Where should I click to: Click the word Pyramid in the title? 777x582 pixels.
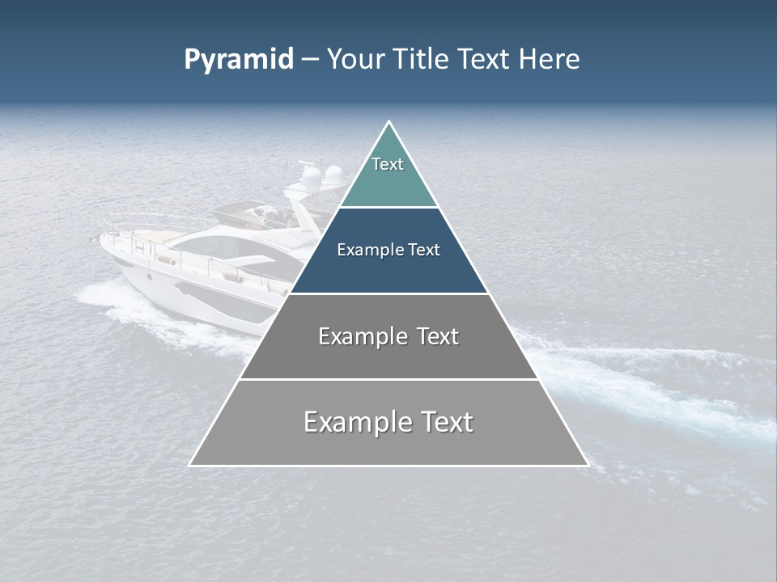[x=238, y=60]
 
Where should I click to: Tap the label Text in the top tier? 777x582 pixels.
[x=388, y=164]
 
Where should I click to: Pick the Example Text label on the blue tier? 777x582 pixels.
[x=388, y=250]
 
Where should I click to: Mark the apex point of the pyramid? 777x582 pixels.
[x=388, y=122]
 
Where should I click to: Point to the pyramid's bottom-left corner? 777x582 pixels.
[x=190, y=465]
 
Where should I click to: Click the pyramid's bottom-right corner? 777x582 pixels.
[x=588, y=465]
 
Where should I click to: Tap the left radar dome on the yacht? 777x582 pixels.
[x=309, y=175]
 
